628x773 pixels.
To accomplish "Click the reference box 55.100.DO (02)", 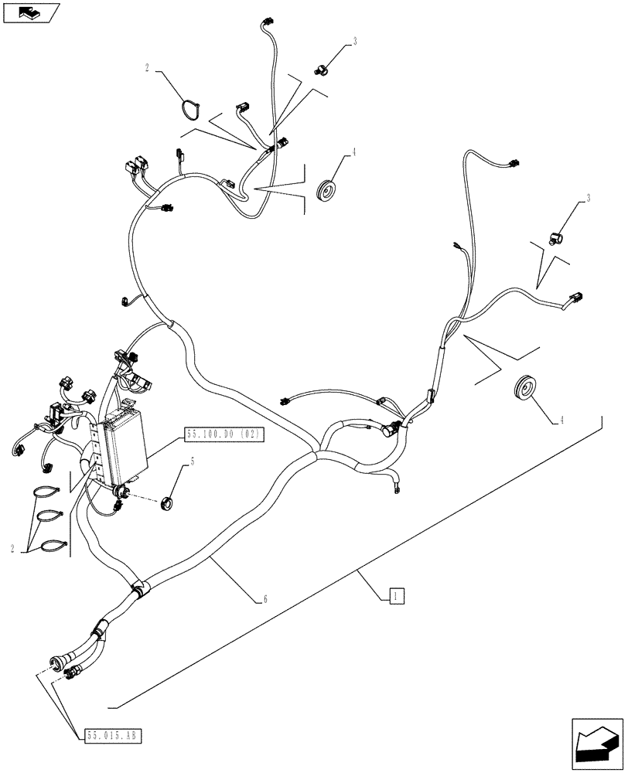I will pyautogui.click(x=224, y=436).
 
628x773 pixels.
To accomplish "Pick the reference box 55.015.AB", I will pyautogui.click(x=111, y=734).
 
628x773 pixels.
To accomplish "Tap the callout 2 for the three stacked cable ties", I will pyautogui.click(x=12, y=548).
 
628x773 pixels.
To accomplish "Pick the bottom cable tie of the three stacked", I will pyautogui.click(x=51, y=545).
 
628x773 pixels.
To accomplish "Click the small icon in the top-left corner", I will pyautogui.click(x=30, y=13).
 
